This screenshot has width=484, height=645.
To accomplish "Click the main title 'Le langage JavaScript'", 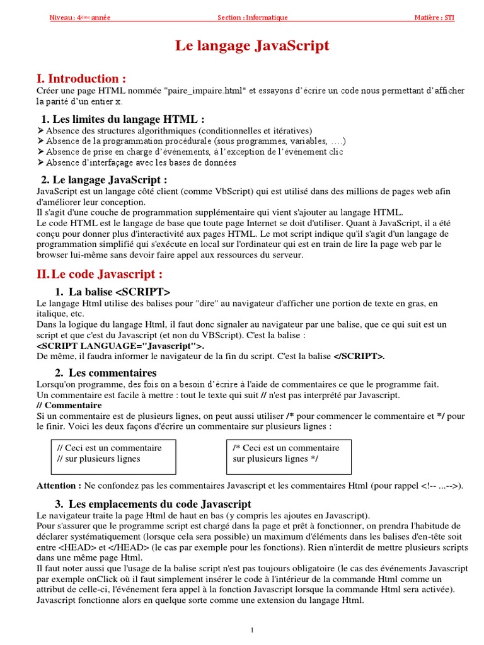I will click(251, 46).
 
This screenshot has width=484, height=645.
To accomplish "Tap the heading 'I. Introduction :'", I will click(81, 79).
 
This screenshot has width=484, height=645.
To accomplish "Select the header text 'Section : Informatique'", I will click(252, 18).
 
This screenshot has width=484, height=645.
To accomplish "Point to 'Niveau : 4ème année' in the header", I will click(80, 18).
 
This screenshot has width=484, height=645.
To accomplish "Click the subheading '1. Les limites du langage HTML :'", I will click(123, 119).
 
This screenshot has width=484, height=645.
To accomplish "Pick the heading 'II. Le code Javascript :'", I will click(100, 274).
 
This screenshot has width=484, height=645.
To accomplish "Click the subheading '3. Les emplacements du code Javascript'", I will click(153, 504).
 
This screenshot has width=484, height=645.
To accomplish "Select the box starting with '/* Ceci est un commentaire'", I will click(287, 454).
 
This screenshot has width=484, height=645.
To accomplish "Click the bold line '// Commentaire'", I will click(69, 405).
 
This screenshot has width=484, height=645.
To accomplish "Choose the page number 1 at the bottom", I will click(251, 630).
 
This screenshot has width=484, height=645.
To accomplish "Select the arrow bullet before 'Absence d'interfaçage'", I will click(41, 163).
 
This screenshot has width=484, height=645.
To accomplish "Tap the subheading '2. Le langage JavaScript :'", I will click(105, 180).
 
